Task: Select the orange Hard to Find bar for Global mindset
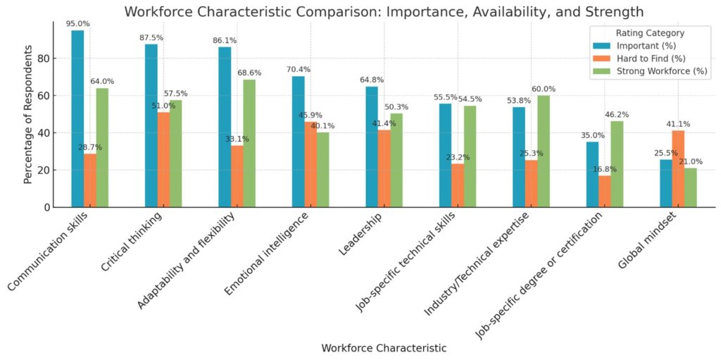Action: coord(678,168)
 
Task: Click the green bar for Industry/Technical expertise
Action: coord(544,151)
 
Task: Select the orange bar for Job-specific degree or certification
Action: coord(605,191)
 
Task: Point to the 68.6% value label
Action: coord(249,73)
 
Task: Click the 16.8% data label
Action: coord(604,169)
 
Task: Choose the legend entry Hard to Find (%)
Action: coord(648,58)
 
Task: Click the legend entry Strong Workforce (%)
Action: coord(660,71)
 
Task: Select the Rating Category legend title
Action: coord(650,33)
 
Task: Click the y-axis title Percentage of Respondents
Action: coord(28,116)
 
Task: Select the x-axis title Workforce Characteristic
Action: coord(384,348)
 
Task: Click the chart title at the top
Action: coord(384,11)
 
